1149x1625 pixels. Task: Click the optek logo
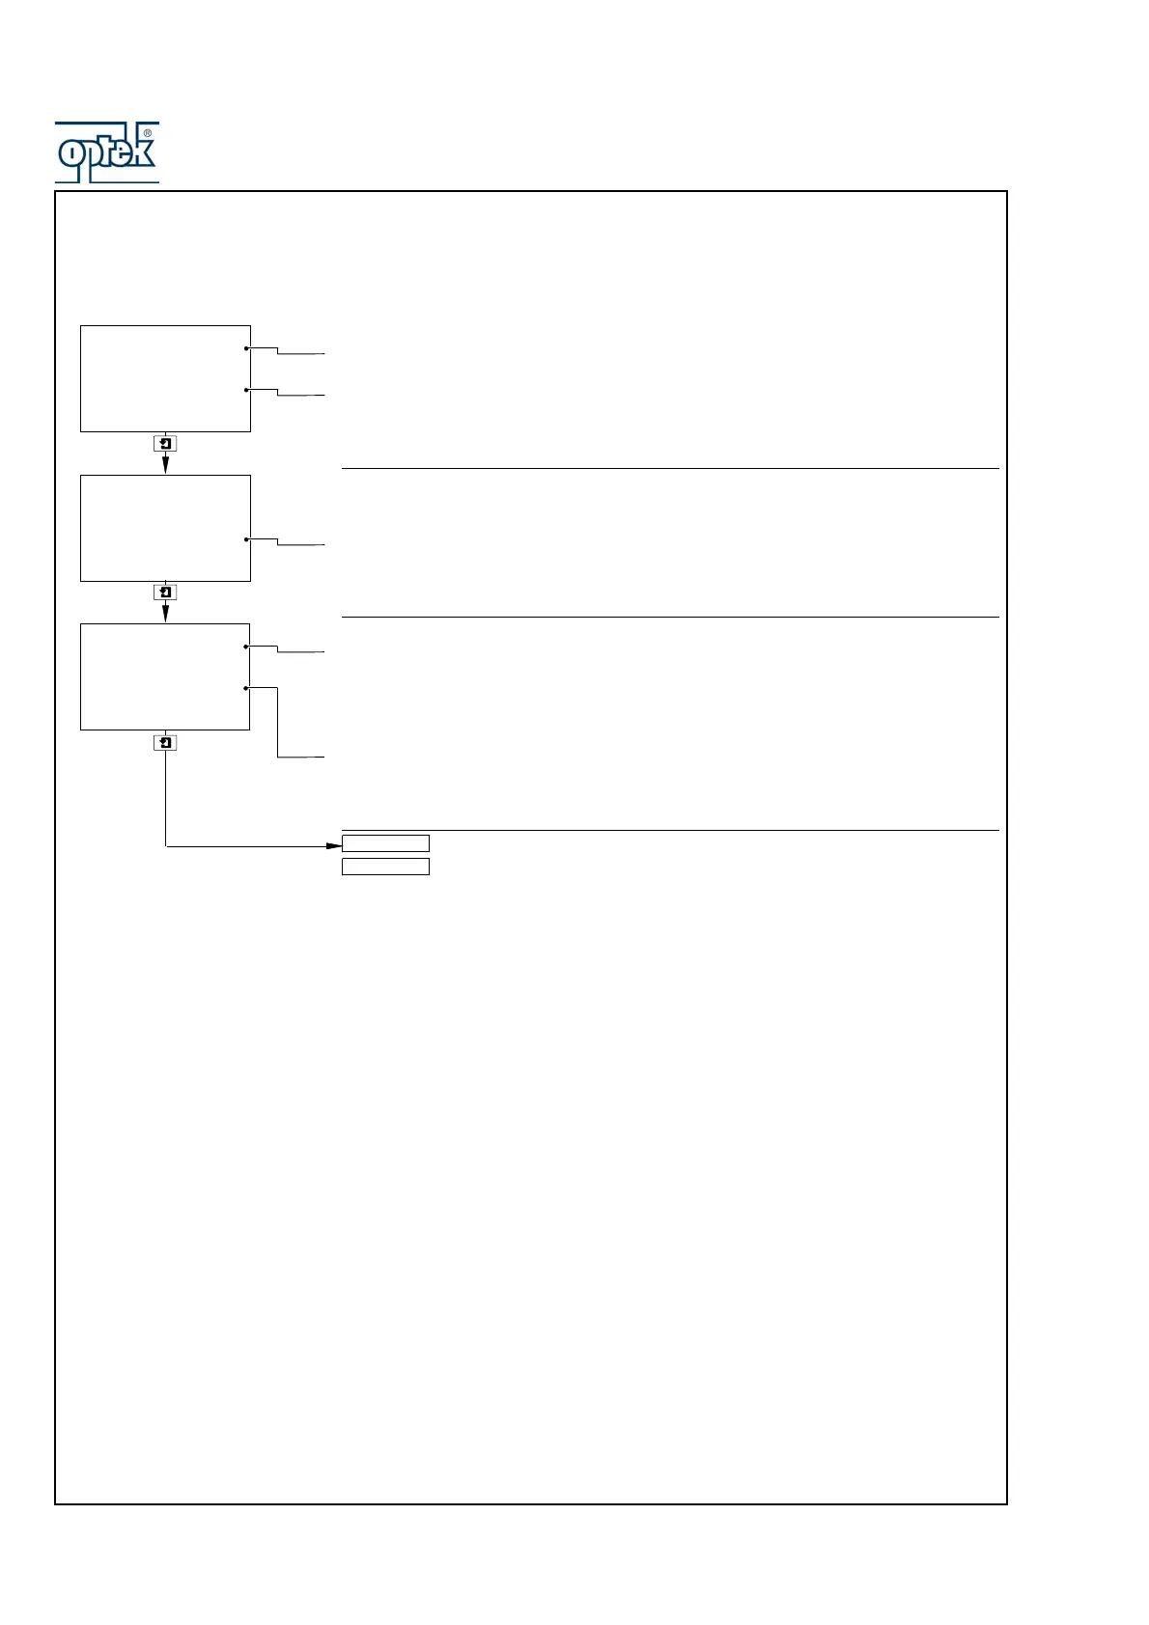point(106,152)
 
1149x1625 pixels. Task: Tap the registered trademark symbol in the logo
point(147,133)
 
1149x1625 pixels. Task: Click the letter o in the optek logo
point(70,152)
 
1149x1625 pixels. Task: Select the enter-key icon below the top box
point(165,444)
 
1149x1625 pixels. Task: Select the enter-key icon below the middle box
point(165,592)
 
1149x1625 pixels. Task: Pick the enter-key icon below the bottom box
point(165,743)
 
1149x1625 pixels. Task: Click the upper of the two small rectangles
point(385,843)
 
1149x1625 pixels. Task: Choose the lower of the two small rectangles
point(385,867)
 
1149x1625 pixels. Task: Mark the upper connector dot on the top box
point(247,348)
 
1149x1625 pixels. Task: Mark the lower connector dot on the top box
point(247,390)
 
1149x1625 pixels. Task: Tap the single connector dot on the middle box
point(247,539)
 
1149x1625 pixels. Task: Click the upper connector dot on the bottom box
point(247,647)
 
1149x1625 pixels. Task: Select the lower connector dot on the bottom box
point(247,688)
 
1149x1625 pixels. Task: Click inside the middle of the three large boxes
point(165,528)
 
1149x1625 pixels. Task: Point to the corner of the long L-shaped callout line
point(278,757)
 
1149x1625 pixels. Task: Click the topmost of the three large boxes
point(165,378)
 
